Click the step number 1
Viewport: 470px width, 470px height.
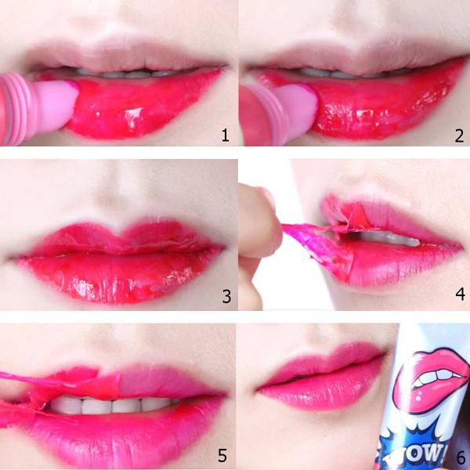[x=226, y=135]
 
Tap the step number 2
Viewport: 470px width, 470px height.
[x=459, y=136]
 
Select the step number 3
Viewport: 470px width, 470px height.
[x=226, y=296]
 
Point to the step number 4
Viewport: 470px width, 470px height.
[x=460, y=294]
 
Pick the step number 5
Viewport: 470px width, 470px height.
[x=222, y=455]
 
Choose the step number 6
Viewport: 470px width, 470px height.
[x=461, y=458]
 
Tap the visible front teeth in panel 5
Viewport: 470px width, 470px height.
[x=111, y=405]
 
